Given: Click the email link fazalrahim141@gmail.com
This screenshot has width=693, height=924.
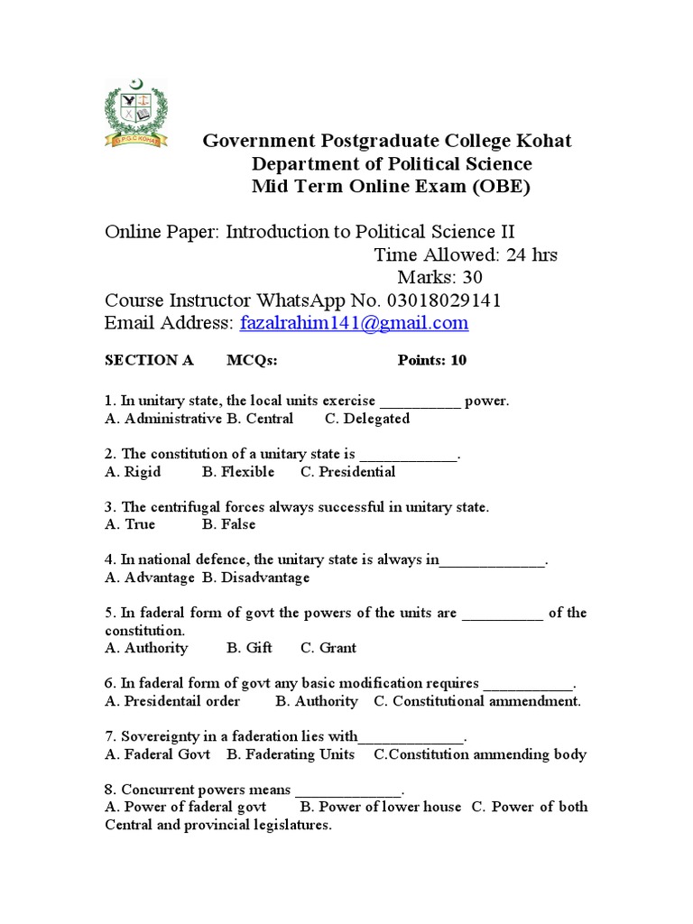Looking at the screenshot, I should pyautogui.click(x=354, y=323).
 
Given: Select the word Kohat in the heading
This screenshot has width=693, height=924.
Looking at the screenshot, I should pyautogui.click(x=541, y=141).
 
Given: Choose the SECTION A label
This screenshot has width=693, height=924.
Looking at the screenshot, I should pyautogui.click(x=149, y=360).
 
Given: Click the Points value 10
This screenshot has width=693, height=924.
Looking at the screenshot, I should pyautogui.click(x=459, y=360).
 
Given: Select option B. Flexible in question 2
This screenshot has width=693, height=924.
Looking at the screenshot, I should pyautogui.click(x=238, y=472).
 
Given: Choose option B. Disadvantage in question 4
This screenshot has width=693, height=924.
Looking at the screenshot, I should pyautogui.click(x=255, y=577).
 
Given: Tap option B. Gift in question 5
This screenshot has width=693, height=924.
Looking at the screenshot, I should pyautogui.click(x=249, y=648).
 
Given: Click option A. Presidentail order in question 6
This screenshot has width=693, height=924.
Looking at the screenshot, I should pyautogui.click(x=172, y=701).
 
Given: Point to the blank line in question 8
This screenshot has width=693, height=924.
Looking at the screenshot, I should pyautogui.click(x=347, y=790).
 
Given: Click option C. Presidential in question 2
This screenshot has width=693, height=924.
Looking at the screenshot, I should pyautogui.click(x=347, y=472).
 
